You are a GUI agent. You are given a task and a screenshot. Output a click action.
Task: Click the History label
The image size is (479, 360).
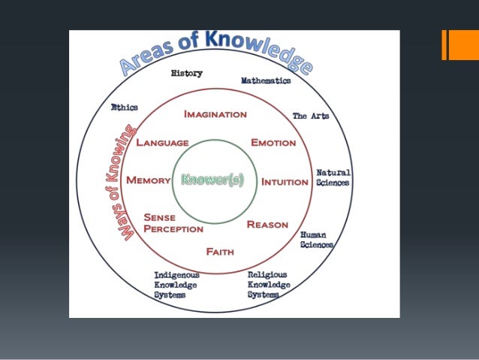pos(187,74)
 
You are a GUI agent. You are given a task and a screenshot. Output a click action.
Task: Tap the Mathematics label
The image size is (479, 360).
pos(266,80)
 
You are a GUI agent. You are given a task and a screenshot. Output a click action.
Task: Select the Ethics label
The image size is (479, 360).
pos(125,107)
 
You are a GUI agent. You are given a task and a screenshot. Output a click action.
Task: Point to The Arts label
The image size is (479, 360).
pos(310,116)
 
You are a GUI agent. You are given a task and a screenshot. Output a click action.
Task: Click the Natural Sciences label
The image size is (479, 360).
pos(333,177)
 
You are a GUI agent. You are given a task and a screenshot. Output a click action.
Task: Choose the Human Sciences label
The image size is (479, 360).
pos(317,240)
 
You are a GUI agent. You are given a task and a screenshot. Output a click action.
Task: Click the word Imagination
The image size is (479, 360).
pos(215,114)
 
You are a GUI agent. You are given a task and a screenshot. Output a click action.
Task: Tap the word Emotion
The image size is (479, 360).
pos(273,143)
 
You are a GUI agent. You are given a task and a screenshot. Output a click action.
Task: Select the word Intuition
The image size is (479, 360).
pos(285,182)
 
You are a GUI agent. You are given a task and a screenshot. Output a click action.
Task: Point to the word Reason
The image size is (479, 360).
pos(268,224)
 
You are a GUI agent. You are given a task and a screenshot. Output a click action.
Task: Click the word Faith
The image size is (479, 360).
pos(220,252)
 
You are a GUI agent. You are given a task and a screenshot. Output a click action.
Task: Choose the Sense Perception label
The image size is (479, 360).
pos(173,222)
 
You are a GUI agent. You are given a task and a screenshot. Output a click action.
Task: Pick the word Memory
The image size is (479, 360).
pos(149,180)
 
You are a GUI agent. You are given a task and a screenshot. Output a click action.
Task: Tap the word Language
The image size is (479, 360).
pos(162,142)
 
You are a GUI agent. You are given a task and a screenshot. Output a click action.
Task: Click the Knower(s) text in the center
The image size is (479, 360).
pos(212,180)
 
